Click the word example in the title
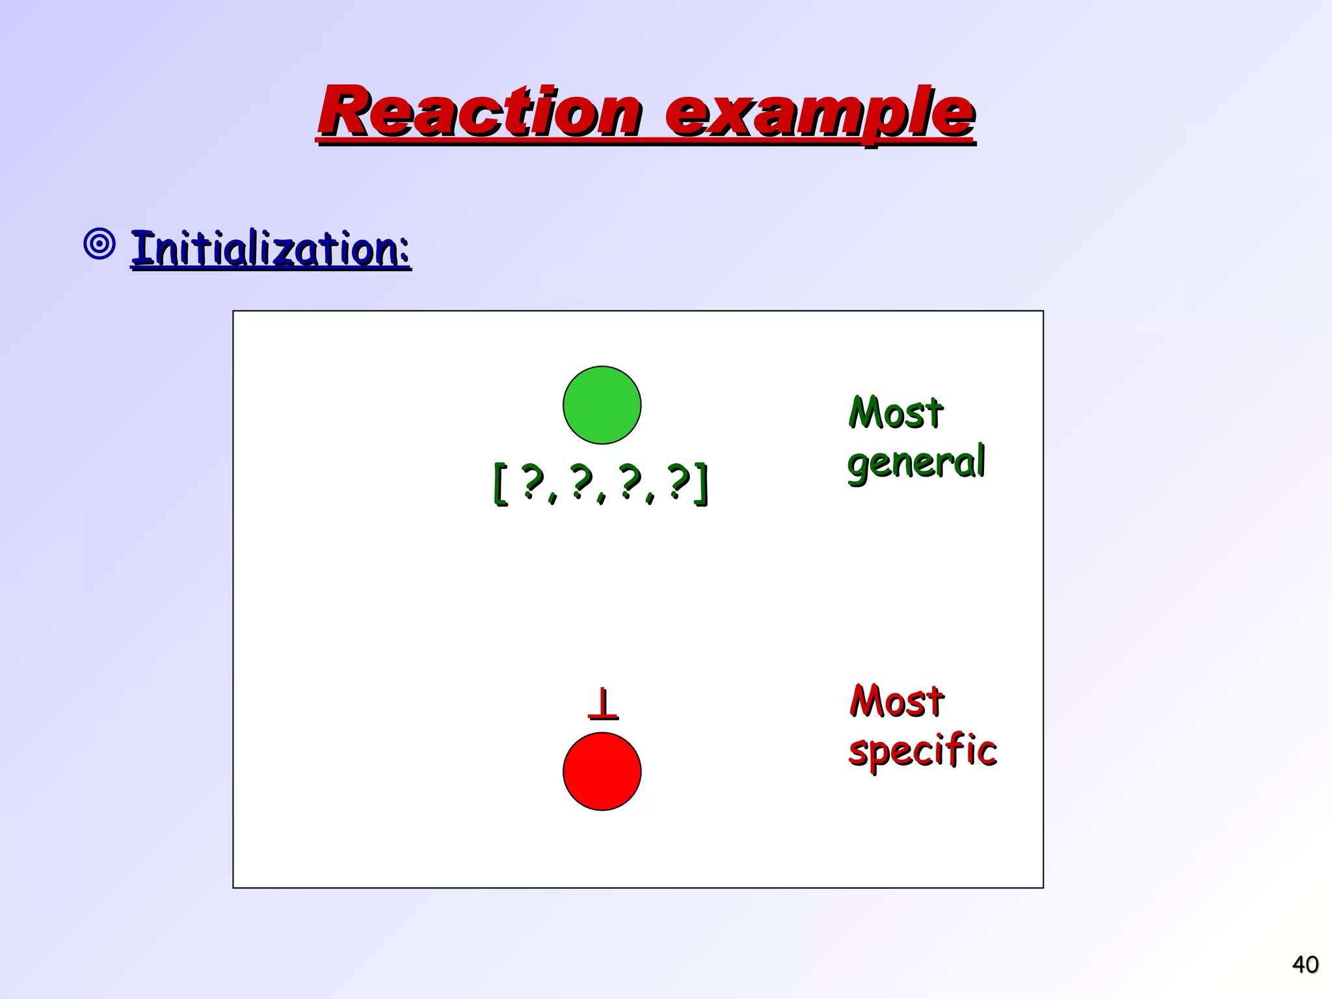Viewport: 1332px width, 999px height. pos(819,114)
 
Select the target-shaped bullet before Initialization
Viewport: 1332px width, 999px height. pos(100,245)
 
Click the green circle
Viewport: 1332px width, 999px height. pos(602,405)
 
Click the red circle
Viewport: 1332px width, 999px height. pos(602,771)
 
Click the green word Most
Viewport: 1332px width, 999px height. pos(896,413)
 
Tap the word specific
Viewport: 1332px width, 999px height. pos(922,751)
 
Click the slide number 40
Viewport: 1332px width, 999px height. pos(1305,964)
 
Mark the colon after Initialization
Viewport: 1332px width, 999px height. pos(404,252)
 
